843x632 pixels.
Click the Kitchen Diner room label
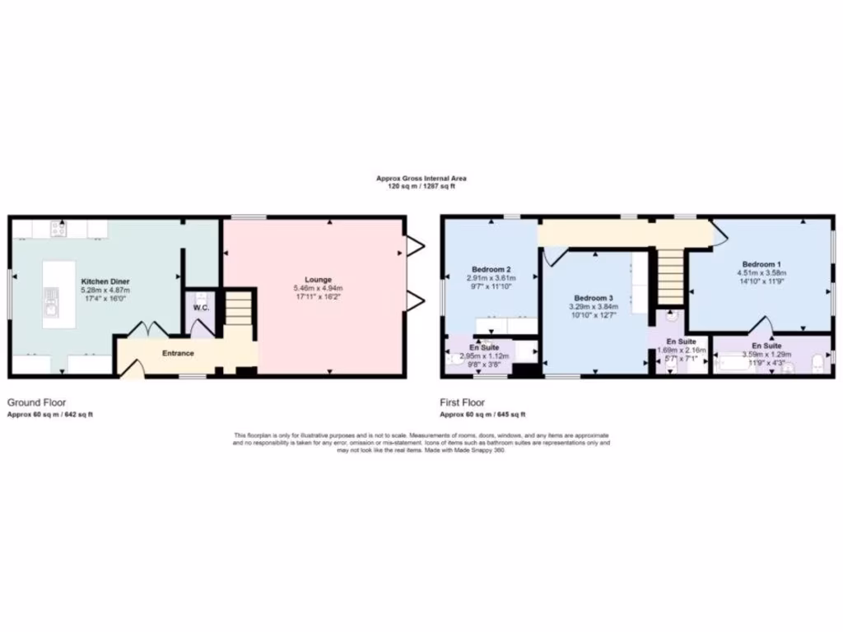tap(105, 281)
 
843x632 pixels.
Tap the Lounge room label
tap(317, 279)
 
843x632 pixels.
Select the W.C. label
tap(199, 309)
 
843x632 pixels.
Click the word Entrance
tap(178, 354)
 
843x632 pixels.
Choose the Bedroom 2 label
tap(491, 269)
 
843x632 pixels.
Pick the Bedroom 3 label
tap(594, 297)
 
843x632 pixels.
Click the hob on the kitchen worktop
tap(58, 228)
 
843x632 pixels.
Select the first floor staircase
tap(670, 276)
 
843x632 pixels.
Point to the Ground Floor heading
tap(36, 403)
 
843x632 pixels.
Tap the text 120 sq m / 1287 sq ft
tap(421, 187)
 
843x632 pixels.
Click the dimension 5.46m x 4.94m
tap(317, 289)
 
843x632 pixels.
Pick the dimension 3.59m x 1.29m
tap(766, 355)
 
